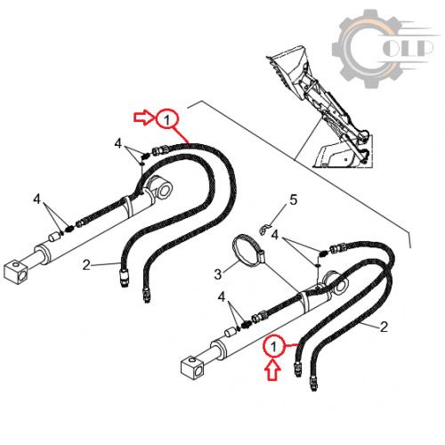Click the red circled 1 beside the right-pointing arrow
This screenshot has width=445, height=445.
click(167, 120)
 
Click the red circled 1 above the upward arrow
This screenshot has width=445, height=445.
click(273, 346)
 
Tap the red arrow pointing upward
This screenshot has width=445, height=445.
click(273, 369)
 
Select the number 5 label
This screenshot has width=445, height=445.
click(293, 200)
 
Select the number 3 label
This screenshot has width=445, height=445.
click(218, 274)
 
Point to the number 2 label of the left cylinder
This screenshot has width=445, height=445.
click(86, 265)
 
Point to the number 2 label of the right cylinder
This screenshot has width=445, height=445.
click(384, 327)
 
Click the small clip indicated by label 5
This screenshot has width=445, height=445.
click(263, 230)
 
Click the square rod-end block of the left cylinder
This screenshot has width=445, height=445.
click(16, 271)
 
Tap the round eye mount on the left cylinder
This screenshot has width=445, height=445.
click(162, 188)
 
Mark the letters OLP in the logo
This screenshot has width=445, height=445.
click(408, 48)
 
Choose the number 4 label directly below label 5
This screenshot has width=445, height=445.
click(275, 235)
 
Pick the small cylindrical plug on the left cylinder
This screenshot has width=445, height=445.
click(54, 238)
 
